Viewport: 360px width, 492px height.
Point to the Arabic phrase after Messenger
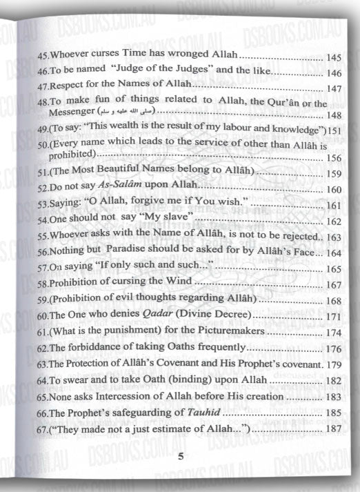[x=127, y=112]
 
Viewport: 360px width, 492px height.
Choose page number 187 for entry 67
[x=333, y=430]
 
